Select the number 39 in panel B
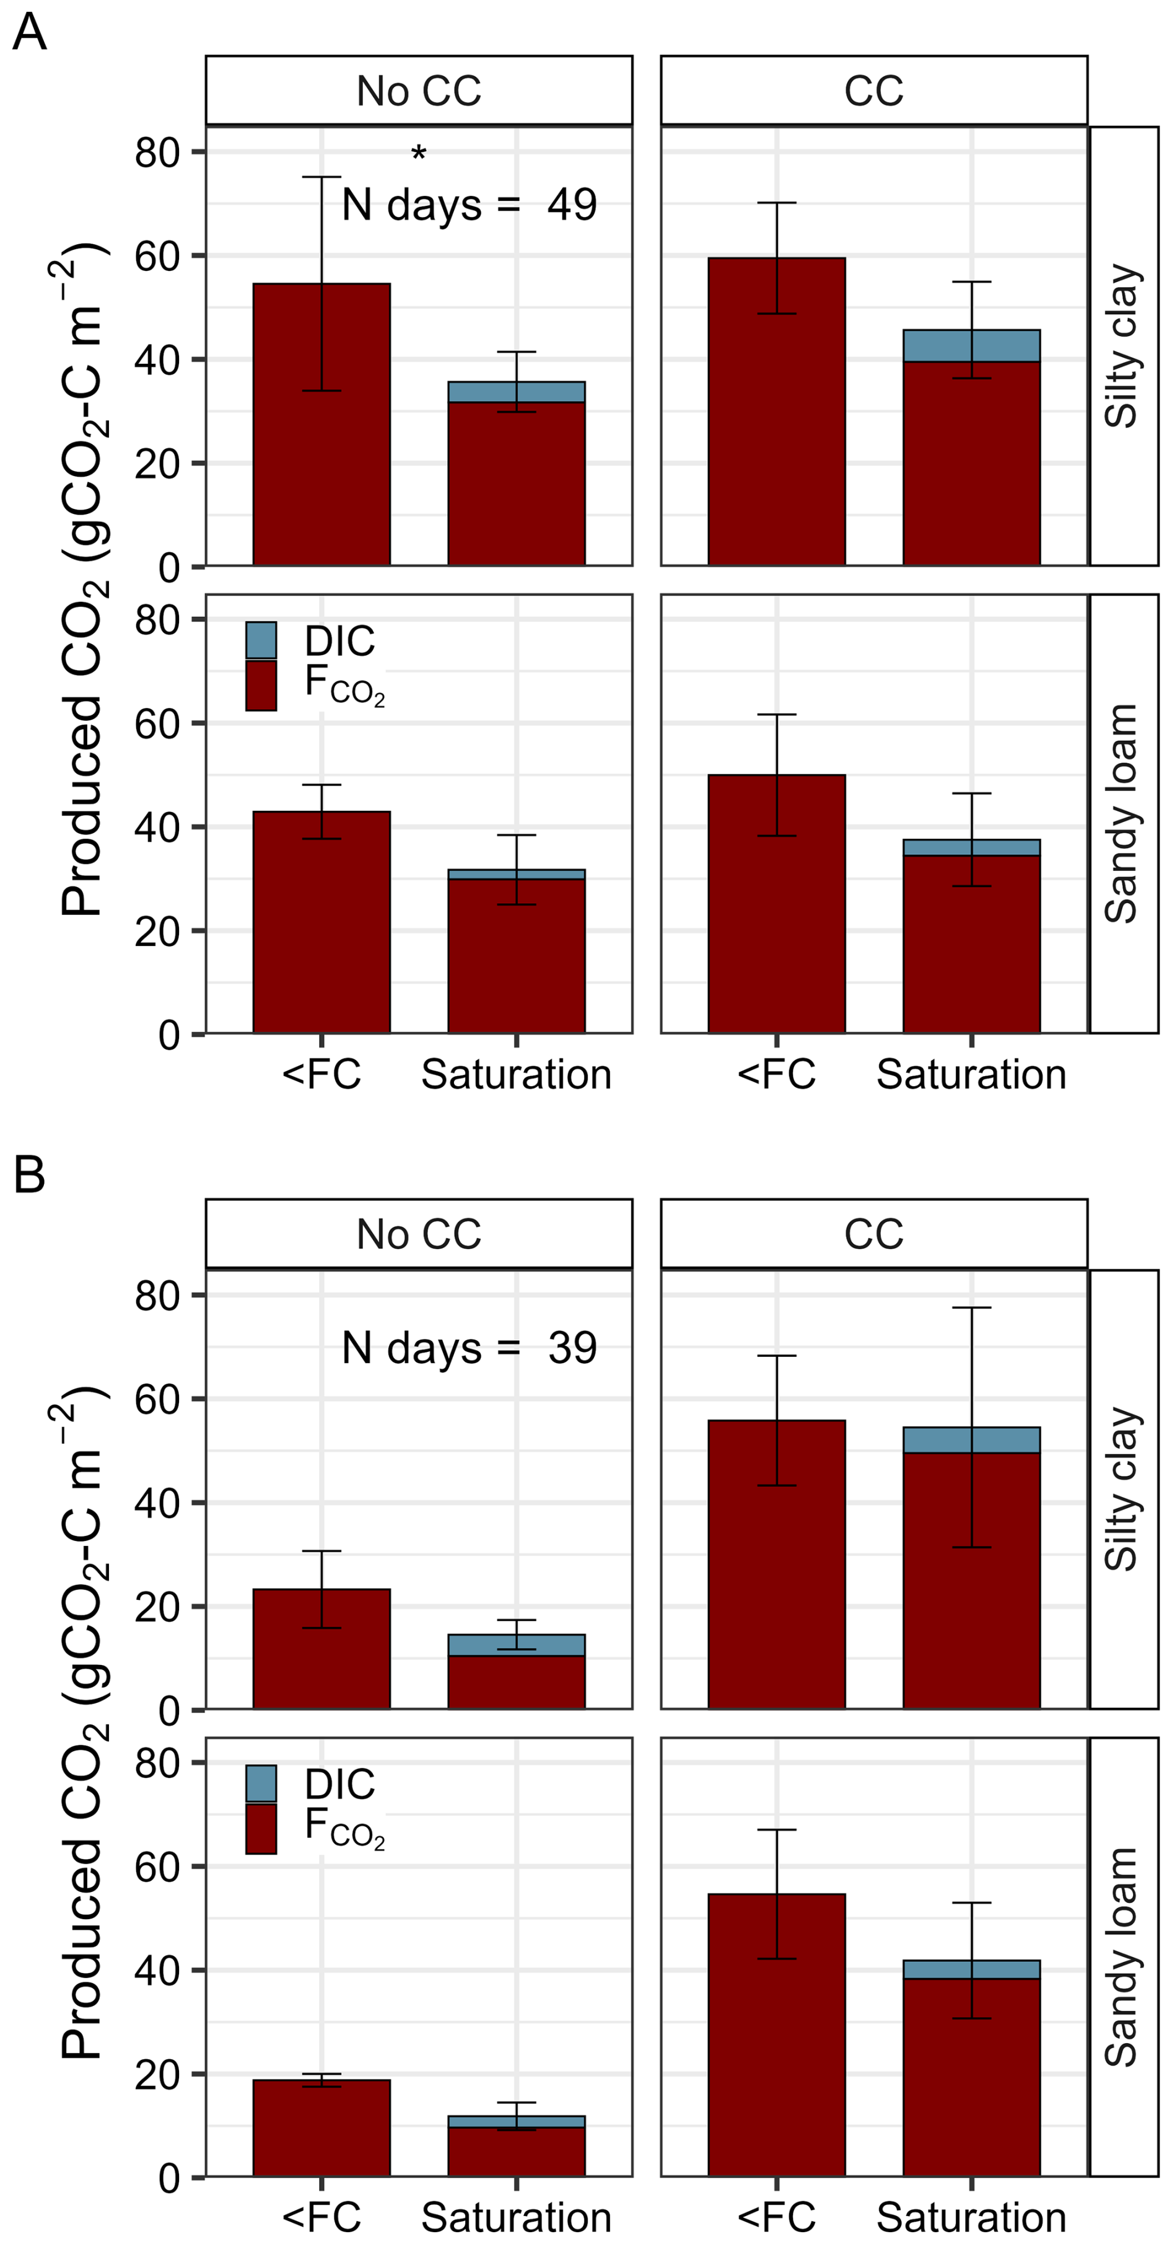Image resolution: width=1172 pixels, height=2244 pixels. pyautogui.click(x=572, y=1348)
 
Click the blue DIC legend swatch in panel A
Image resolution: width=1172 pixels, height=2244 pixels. pyautogui.click(x=261, y=640)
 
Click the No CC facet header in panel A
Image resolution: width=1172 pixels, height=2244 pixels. pyautogui.click(x=419, y=91)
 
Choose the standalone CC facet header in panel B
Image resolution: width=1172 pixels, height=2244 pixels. pyautogui.click(x=873, y=1234)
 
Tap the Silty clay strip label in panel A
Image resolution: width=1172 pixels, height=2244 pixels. pyautogui.click(x=1122, y=346)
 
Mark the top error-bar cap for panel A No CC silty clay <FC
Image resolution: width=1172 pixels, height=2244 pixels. pyautogui.click(x=321, y=177)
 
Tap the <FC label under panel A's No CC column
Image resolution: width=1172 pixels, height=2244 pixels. pyautogui.click(x=321, y=1074)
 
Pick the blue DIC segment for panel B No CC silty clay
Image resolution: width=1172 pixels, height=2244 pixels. pyautogui.click(x=517, y=1645)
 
